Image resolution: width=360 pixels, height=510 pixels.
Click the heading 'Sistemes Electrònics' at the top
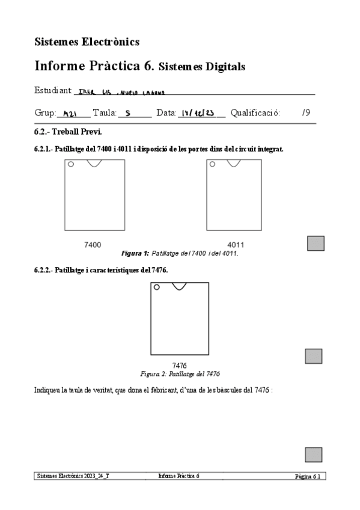coord(87,41)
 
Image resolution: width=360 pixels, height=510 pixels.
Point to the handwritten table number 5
coord(129,113)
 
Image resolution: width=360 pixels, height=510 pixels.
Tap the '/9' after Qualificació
coord(306,112)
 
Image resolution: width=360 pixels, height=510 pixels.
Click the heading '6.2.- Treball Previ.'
coord(68,131)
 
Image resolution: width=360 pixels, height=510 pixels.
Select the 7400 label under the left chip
coord(93,245)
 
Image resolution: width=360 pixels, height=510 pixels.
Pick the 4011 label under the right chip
coord(236,245)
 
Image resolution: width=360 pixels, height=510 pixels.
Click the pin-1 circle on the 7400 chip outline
coord(71,164)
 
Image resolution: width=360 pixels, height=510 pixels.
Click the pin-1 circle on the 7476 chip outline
coord(156,287)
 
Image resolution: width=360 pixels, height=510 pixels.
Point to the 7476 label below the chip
coord(180,365)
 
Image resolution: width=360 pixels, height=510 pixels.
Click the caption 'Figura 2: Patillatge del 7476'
coord(180,373)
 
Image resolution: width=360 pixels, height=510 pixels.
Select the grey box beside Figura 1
coord(316,243)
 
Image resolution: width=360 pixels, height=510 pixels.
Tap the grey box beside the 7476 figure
coord(313,356)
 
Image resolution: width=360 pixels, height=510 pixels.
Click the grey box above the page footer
coord(313,455)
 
